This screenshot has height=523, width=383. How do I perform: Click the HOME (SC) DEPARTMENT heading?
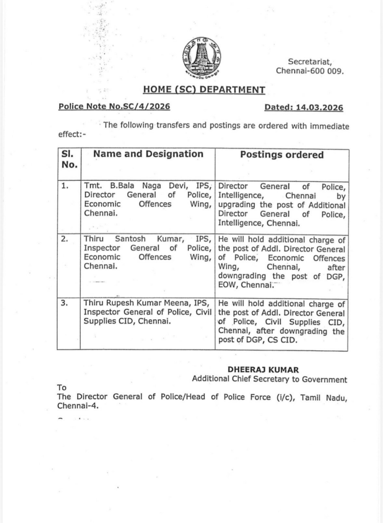pos(204,90)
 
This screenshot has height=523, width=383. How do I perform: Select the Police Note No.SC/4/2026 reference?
pos(114,107)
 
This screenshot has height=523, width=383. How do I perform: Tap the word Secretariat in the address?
pos(309,61)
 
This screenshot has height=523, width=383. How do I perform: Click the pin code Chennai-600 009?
pos(309,71)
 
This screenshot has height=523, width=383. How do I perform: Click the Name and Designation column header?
pos(148,154)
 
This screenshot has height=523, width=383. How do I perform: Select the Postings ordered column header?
pos(282,155)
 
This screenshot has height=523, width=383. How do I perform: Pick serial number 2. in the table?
pos(65,239)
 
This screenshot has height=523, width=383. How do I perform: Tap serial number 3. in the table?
pos(65,303)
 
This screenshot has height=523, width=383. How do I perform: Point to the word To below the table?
pos(62,387)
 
